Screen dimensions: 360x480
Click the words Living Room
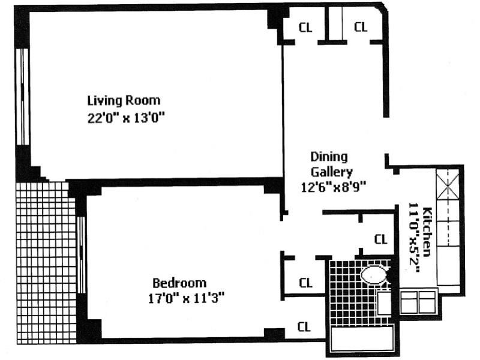point(124,100)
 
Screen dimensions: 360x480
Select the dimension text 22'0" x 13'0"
point(125,118)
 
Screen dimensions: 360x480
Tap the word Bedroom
point(179,283)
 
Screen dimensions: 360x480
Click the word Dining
point(329,157)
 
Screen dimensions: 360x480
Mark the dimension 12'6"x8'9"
point(334,187)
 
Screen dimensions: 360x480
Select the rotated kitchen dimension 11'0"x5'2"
point(413,238)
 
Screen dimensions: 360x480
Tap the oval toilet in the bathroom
point(375,276)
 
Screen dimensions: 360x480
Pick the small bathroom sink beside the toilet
point(384,303)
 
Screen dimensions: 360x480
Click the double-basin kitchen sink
point(418,301)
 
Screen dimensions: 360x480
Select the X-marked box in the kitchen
point(447,185)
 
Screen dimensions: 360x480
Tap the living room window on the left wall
point(22,96)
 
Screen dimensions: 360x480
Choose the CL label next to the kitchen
point(381,239)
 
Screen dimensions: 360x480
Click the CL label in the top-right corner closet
point(361,26)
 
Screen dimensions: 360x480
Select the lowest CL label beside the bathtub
point(305,327)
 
